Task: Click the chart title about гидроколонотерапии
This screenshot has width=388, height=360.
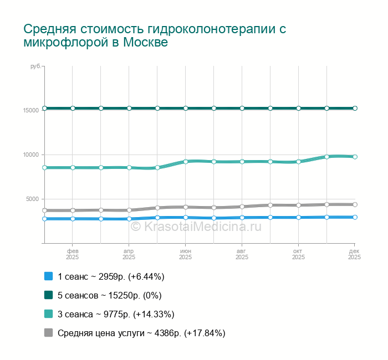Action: click(x=155, y=35)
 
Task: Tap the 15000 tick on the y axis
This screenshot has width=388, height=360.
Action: click(x=30, y=110)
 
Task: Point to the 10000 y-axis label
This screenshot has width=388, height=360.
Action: click(x=30, y=155)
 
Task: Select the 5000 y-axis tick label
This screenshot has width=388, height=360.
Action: click(x=32, y=199)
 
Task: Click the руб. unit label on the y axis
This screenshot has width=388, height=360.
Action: click(x=35, y=66)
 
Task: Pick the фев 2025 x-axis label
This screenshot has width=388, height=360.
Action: click(x=73, y=254)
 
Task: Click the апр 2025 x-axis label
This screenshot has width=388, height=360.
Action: click(x=129, y=254)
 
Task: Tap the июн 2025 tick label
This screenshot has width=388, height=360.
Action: click(x=186, y=254)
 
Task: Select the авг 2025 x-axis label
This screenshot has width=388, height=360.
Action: click(x=242, y=254)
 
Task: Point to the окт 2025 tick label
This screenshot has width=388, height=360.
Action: click(x=299, y=254)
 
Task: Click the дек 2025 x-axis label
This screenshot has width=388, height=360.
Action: click(x=355, y=254)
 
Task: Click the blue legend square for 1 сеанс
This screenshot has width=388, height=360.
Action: click(x=48, y=276)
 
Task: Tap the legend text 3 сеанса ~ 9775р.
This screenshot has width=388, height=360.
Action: click(x=116, y=314)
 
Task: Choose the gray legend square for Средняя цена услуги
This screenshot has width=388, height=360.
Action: click(x=48, y=333)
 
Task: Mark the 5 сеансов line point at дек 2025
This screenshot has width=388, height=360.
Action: click(x=355, y=108)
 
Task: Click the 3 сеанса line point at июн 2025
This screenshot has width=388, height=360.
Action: click(x=186, y=162)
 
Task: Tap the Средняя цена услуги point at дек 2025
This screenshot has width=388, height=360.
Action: click(x=355, y=204)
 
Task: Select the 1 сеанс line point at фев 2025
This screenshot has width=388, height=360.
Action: click(x=73, y=219)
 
